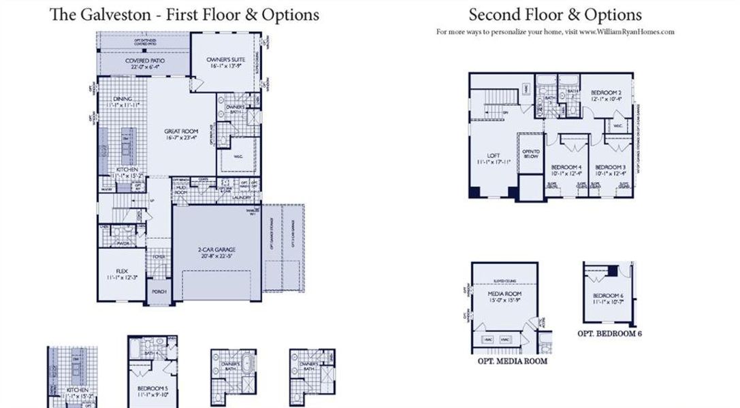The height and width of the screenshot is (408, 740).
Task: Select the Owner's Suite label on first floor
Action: coord(224,61)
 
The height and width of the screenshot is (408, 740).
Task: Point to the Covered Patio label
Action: coord(142,61)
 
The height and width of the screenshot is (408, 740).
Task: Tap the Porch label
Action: coord(159,291)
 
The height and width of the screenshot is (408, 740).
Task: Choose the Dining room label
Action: coord(123,99)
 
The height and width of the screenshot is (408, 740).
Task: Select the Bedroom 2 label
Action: coord(605,92)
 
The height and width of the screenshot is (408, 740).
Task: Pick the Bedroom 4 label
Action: coord(566,167)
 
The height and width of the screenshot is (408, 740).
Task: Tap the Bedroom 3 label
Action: coord(610,167)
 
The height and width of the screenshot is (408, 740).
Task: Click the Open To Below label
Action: coord(531,154)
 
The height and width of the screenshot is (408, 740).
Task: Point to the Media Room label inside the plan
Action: coord(504,294)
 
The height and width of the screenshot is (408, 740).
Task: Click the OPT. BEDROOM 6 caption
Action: coord(609,334)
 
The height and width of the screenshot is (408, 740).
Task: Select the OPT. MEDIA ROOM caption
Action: coord(511,361)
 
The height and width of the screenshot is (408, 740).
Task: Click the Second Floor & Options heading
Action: coord(555,15)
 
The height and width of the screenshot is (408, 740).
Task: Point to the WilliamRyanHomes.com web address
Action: coord(626,31)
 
